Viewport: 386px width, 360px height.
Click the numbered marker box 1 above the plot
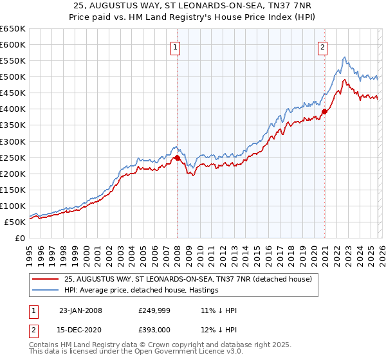pos(175,46)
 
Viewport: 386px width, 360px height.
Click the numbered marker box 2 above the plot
pos(322,46)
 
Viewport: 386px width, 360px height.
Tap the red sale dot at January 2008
pos(178,157)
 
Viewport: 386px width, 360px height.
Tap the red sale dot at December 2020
pos(325,111)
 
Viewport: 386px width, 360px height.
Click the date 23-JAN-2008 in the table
pos(80,310)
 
